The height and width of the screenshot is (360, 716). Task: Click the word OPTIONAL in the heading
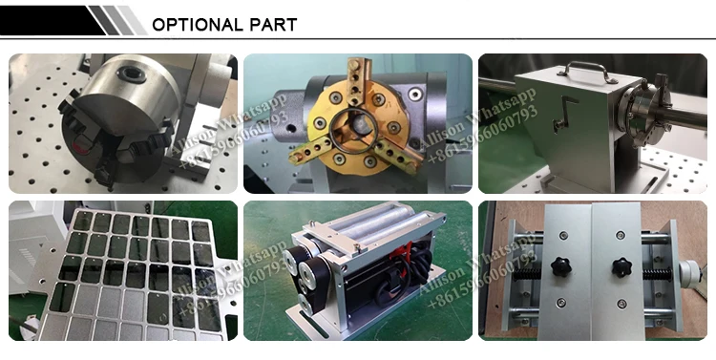(x=198, y=24)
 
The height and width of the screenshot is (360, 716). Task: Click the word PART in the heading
(x=273, y=24)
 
